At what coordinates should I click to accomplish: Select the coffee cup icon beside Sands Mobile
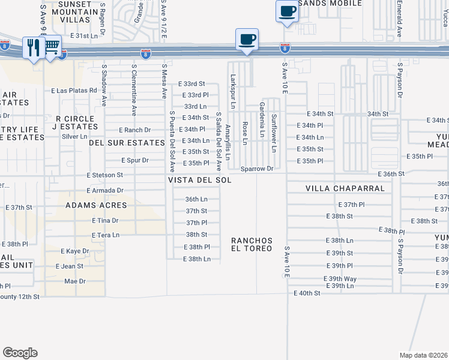[x=287, y=11]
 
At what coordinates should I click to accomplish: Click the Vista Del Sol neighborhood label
[x=200, y=180]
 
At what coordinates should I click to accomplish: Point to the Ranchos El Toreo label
[x=252, y=244]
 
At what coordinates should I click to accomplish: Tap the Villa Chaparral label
[x=345, y=188]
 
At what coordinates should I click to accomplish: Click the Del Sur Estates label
[x=127, y=143]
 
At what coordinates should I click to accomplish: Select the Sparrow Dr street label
[x=257, y=169]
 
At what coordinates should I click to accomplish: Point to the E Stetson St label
[x=104, y=175]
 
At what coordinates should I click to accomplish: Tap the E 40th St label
[x=307, y=293]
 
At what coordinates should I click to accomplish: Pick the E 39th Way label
[x=340, y=279]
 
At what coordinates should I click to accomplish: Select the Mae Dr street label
[x=75, y=281]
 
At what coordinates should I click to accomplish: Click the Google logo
[x=20, y=353]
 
